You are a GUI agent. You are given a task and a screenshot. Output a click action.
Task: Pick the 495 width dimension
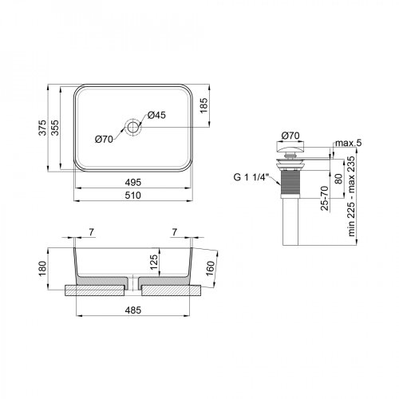[133, 181]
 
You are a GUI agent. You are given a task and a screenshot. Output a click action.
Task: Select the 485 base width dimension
[133, 310]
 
